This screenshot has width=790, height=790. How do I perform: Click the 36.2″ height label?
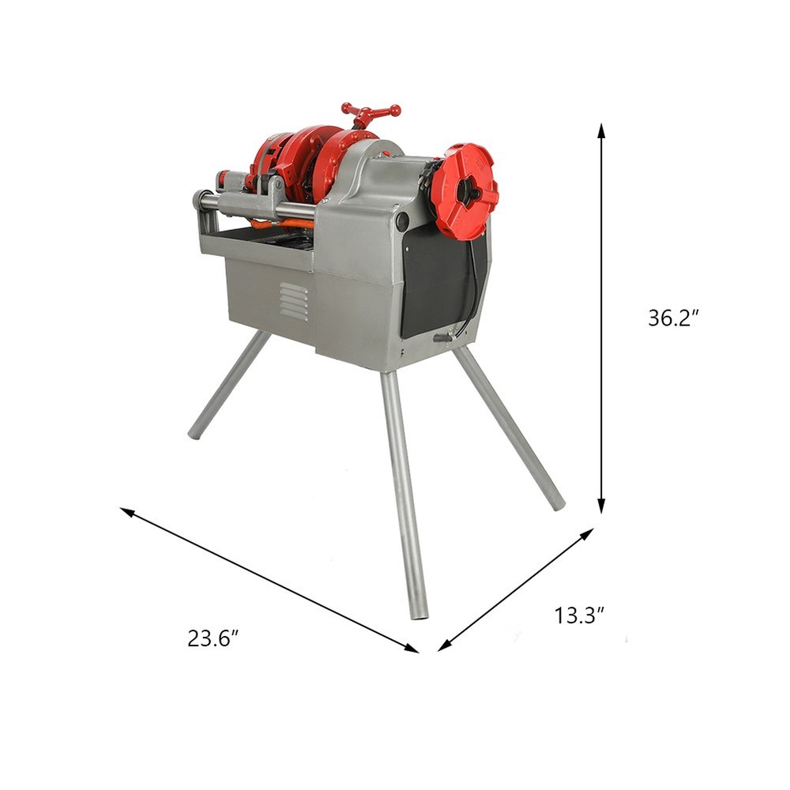[674, 318]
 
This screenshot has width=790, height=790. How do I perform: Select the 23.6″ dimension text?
[213, 638]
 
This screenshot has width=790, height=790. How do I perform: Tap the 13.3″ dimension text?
[579, 615]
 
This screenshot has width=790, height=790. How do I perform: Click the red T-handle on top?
[370, 112]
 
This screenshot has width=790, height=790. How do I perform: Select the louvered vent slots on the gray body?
[293, 302]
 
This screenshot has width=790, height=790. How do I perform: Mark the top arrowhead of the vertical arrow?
[601, 129]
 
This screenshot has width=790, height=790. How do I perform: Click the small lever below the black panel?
[443, 338]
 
